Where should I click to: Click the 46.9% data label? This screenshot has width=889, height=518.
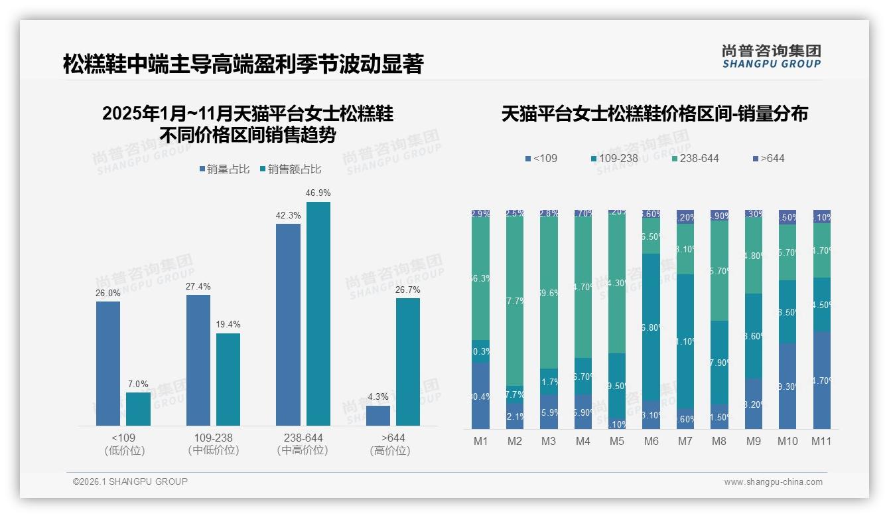[318, 193]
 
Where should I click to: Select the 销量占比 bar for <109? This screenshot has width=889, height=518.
[108, 363]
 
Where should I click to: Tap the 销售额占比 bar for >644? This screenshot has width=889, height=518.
[408, 362]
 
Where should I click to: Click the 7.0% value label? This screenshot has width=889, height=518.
[138, 384]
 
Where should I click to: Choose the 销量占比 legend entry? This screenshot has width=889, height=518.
[224, 169]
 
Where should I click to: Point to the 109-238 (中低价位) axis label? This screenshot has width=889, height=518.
[213, 444]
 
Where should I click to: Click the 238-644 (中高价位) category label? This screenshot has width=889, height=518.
[303, 444]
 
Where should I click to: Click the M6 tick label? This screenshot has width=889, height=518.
[651, 442]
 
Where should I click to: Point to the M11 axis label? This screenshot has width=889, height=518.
[821, 442]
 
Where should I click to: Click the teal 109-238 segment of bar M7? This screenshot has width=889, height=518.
[685, 341]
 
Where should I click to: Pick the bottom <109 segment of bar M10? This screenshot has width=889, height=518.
[787, 386]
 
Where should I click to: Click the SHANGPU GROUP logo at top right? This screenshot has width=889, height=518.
[771, 56]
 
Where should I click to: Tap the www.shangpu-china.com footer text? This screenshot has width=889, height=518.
[773, 482]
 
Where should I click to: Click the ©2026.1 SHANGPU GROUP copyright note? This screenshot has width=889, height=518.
[130, 481]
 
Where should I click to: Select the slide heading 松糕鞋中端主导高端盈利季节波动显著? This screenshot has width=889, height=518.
[243, 64]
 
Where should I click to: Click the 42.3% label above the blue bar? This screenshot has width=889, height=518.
[288, 215]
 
